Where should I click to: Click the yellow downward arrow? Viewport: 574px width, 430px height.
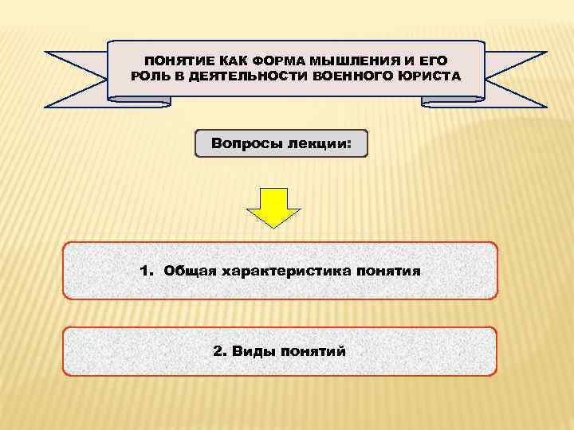(273, 206)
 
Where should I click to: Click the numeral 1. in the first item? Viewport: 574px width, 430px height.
(146, 271)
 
